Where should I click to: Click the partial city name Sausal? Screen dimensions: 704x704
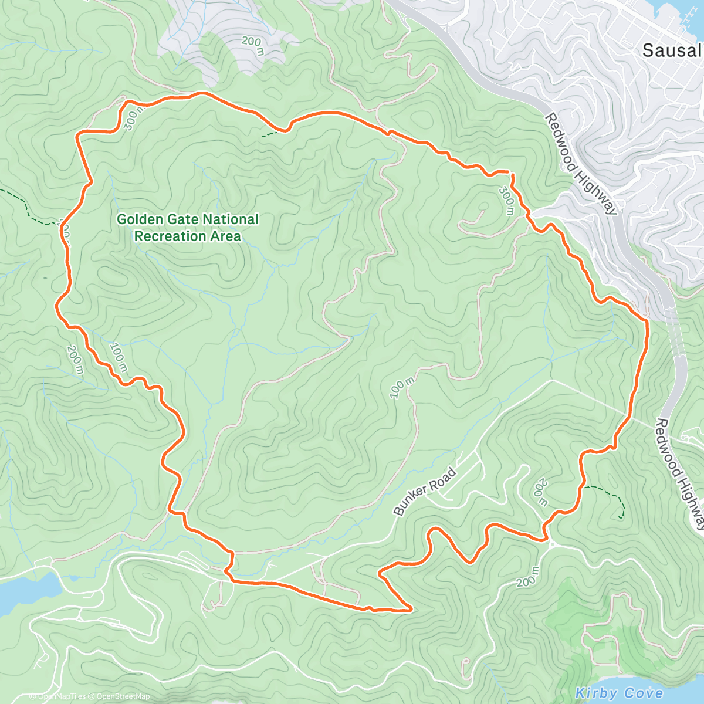coord(672,50)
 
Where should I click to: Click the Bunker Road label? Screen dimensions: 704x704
coord(425,492)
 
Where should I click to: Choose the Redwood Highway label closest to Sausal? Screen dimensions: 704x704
coord(581,164)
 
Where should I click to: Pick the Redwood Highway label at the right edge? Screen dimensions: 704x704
coord(681,474)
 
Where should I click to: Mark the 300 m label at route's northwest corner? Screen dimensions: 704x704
coord(133,117)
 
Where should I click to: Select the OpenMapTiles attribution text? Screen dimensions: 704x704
coord(61,696)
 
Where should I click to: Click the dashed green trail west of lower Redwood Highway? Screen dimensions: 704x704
coord(610,496)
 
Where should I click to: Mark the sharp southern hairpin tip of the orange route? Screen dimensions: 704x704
coord(410,609)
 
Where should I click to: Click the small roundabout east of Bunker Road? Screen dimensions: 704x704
coord(553,544)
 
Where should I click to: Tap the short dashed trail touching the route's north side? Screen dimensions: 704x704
coord(271,134)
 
